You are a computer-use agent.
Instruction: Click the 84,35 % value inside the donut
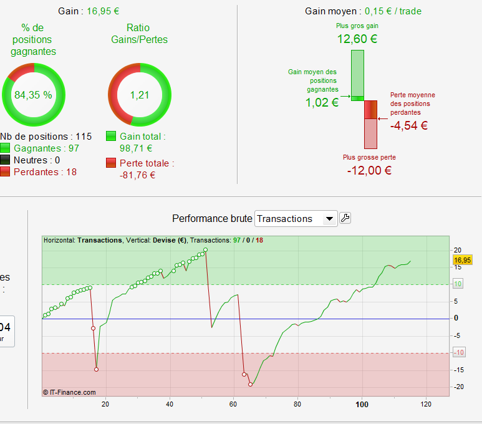pyautogui.click(x=33, y=95)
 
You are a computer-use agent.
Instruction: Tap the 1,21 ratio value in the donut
pyautogui.click(x=140, y=95)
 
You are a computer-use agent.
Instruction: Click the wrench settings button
pyautogui.click(x=345, y=218)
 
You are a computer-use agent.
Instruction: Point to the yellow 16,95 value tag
pyautogui.click(x=462, y=260)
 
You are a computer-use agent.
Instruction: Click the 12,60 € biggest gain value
pyautogui.click(x=357, y=39)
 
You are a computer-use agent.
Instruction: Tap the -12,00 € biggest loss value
pyautogui.click(x=369, y=170)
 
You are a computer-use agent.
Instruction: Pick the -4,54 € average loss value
pyautogui.click(x=409, y=125)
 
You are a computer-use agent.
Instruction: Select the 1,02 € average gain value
pyautogui.click(x=322, y=103)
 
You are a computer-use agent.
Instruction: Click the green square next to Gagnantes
pyautogui.click(x=5, y=148)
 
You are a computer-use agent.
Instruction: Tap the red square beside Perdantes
pyautogui.click(x=5, y=171)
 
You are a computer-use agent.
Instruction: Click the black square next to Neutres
pyautogui.click(x=5, y=160)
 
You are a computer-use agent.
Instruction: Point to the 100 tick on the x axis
pyautogui.click(x=362, y=404)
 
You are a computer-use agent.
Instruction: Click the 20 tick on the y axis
pyautogui.click(x=458, y=249)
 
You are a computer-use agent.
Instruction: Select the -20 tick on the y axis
pyautogui.click(x=457, y=387)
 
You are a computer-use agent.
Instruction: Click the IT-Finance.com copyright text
pyautogui.click(x=69, y=392)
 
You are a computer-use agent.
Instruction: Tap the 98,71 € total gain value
pyautogui.click(x=136, y=148)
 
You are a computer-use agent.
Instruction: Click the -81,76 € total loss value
pyautogui.click(x=137, y=175)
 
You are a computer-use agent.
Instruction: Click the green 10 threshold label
pyautogui.click(x=458, y=284)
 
